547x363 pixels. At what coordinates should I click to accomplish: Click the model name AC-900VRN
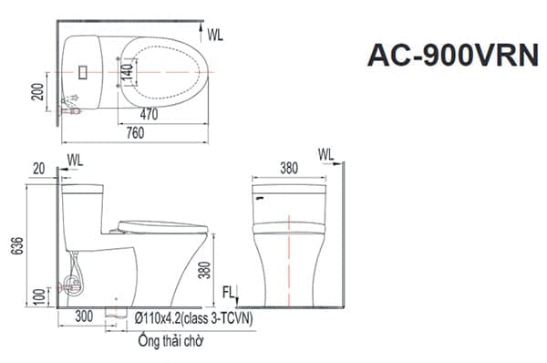pos(453,55)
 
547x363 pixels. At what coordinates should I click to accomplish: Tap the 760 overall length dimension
pos(135,132)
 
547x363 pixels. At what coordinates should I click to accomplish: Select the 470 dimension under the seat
pos(149,114)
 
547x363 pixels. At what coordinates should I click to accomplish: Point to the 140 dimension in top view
pos(128,75)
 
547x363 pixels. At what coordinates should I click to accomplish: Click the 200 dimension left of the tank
pos(37,92)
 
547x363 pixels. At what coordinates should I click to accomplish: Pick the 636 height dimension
pos(17,245)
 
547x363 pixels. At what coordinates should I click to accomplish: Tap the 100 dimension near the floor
pos(40,296)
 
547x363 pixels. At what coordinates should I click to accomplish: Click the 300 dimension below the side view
pos(84,316)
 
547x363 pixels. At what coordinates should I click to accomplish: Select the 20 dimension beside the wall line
pos(38,169)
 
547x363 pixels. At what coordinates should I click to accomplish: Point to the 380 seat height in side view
pos(205,270)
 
